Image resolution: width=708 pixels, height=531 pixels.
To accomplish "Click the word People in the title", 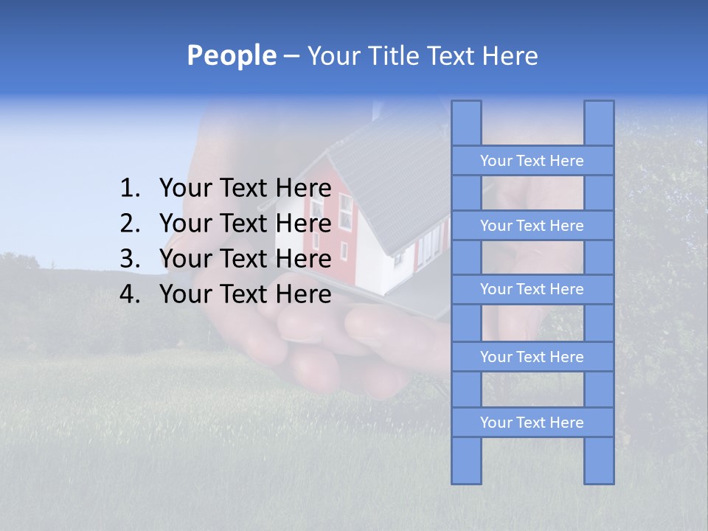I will point(231,56).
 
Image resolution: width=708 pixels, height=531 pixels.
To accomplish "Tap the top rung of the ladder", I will point(532,161).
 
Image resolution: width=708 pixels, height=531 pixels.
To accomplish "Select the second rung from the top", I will point(532,226).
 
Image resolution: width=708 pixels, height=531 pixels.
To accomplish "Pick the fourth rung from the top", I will point(532,357).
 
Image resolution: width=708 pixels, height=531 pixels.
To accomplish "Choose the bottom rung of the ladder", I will point(532,423).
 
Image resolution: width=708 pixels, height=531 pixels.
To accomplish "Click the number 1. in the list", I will point(130,189).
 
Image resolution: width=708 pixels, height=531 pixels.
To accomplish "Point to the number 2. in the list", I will point(130,223).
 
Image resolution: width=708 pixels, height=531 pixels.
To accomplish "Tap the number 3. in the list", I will point(130,259).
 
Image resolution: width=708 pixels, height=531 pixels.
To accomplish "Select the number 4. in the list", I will point(130,294).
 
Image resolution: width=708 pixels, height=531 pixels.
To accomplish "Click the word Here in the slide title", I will point(510,56).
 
